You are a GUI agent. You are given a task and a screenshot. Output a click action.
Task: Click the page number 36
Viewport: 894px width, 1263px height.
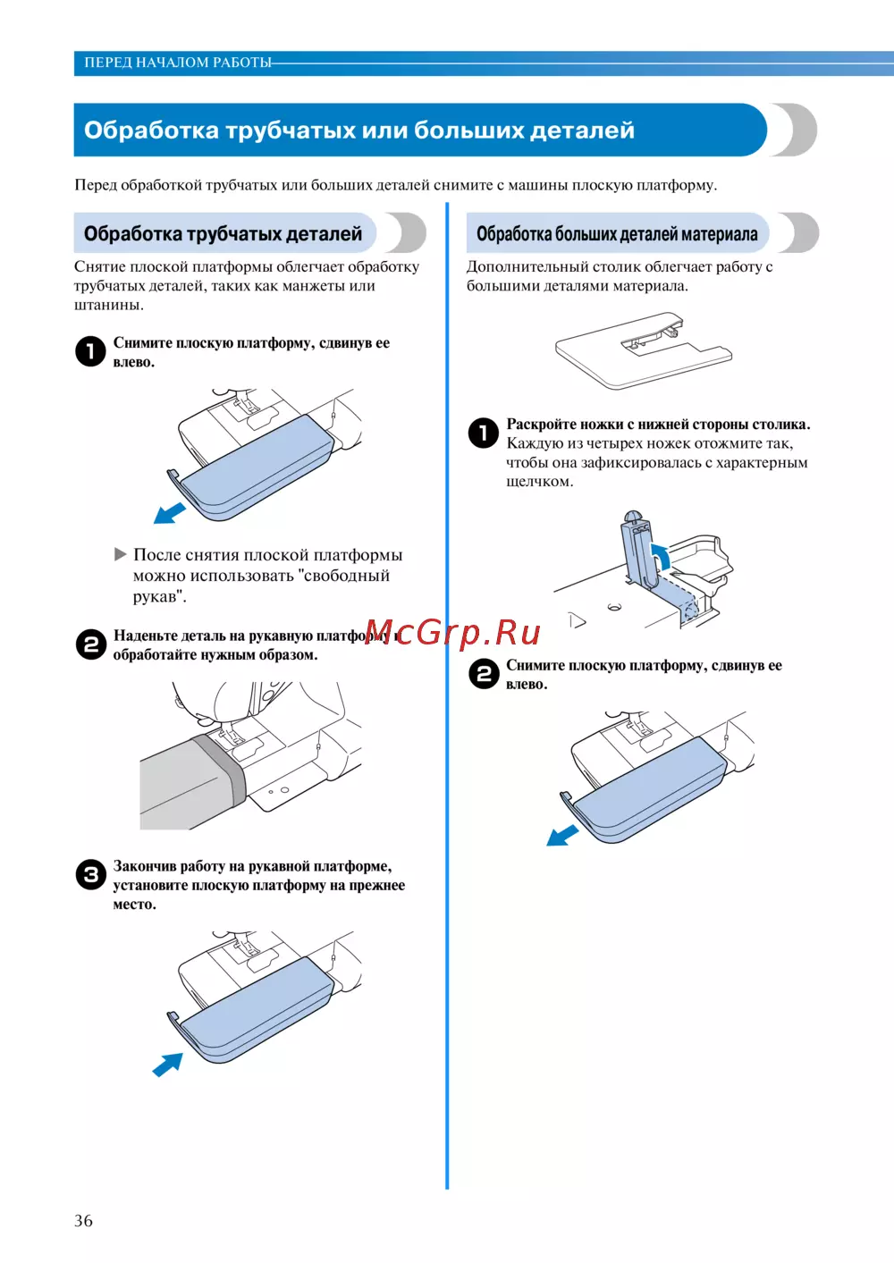(x=83, y=1221)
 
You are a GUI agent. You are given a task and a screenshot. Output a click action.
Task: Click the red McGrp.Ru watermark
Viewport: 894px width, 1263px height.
(x=452, y=633)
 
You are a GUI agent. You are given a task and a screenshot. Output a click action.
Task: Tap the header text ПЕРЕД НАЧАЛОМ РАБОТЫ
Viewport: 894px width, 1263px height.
(x=178, y=63)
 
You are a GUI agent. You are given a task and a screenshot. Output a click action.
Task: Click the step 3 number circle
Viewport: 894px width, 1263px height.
(x=91, y=874)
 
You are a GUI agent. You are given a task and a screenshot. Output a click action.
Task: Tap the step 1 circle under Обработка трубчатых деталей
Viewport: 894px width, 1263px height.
(x=91, y=351)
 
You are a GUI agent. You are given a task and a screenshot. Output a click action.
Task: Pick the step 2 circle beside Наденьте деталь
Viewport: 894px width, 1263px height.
(x=91, y=644)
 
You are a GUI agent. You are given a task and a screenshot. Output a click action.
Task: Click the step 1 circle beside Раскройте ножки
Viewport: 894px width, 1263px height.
(x=484, y=433)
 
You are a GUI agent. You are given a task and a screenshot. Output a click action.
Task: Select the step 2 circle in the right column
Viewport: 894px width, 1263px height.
(x=484, y=674)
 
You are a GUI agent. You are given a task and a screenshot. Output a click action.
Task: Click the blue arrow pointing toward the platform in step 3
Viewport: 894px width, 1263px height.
(x=168, y=1064)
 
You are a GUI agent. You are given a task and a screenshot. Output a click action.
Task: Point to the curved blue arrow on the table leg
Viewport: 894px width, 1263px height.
(x=661, y=558)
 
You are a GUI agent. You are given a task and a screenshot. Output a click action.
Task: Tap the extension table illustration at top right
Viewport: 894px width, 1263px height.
(x=644, y=350)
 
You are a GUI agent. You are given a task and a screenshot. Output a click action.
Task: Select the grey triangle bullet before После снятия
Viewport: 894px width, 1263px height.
(x=120, y=554)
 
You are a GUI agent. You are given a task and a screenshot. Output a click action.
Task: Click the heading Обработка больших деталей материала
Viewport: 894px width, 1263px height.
(x=617, y=233)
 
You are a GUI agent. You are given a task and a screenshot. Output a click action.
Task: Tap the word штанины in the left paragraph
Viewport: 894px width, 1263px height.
(x=109, y=305)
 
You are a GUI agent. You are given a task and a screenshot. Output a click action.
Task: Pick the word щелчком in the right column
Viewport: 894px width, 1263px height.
(x=540, y=482)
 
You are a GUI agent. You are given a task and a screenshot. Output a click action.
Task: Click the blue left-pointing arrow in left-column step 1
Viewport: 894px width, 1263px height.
(x=169, y=512)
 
